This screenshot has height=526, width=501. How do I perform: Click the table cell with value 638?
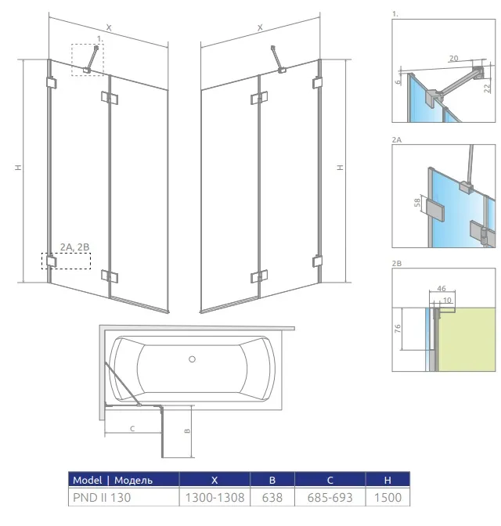click(272, 498)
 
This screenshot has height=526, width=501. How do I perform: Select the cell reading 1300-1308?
click(214, 498)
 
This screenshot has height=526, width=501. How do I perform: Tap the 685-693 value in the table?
click(330, 498)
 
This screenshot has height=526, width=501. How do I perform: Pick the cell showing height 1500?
click(387, 498)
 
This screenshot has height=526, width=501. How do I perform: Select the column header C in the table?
click(330, 480)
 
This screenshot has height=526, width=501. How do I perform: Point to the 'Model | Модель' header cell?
click(124, 480)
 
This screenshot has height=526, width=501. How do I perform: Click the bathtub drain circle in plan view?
click(192, 359)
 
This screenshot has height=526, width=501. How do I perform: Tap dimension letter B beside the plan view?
click(187, 431)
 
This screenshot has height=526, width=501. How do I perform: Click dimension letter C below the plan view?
click(132, 428)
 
